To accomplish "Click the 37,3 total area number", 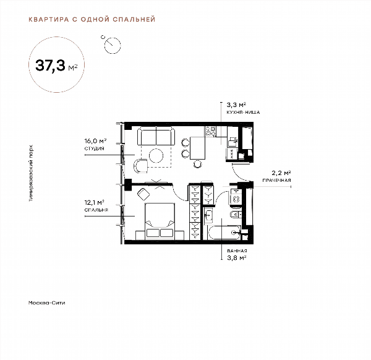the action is [50, 66].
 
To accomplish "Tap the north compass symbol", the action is [111, 45].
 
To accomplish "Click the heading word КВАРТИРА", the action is [49, 19].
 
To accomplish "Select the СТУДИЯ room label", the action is [95, 148].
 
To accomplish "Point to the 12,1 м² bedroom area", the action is [95, 203].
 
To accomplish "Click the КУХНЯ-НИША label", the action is [243, 112].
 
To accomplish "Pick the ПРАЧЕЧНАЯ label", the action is [276, 181].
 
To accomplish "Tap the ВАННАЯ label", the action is [237, 251].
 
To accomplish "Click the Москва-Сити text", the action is [46, 302].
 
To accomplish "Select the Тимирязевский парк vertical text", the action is [31, 173].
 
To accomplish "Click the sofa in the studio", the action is [156, 136].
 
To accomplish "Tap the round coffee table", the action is [156, 155].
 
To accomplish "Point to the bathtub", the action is [224, 233].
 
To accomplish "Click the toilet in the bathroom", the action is [236, 215].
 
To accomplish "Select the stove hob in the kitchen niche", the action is [210, 131].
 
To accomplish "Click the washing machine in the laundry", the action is [236, 197].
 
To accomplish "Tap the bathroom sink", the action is [208, 215].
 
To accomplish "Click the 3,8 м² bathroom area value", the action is [237, 257].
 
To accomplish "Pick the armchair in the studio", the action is [140, 166].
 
